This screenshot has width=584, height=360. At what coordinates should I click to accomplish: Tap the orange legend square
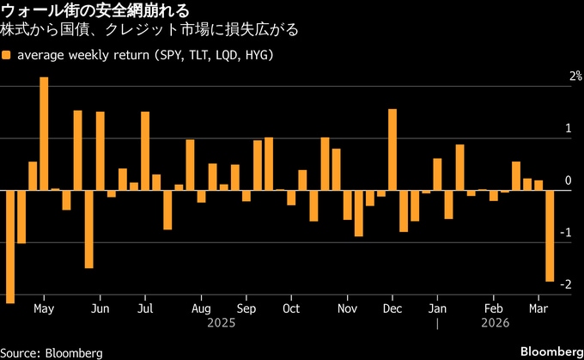click(7, 55)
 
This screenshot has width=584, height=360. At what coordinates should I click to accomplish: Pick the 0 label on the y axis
click(568, 180)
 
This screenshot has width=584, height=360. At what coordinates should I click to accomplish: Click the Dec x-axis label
click(392, 308)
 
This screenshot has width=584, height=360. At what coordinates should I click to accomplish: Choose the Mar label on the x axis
click(539, 308)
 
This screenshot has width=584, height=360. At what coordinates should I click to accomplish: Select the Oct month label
click(291, 308)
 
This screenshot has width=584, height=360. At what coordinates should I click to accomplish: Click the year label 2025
click(222, 323)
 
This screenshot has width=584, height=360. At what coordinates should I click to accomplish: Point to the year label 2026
click(495, 323)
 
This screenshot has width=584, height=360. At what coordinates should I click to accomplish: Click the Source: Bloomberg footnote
click(52, 352)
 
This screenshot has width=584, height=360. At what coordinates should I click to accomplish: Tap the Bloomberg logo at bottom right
click(551, 351)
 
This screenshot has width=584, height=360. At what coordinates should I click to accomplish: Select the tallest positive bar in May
click(44, 133)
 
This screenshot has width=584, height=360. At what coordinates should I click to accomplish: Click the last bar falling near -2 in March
click(550, 235)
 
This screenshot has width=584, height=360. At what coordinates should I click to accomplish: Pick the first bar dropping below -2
click(10, 246)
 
